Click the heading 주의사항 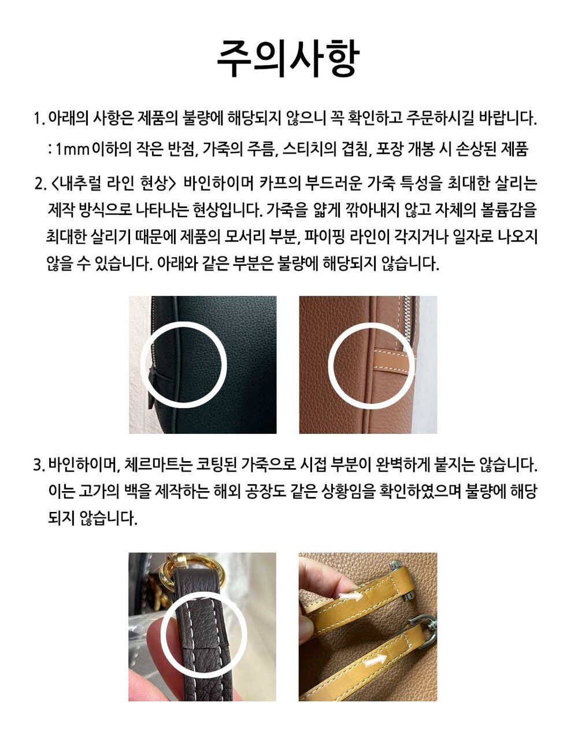coord(288,58)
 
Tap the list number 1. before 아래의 coord(39,118)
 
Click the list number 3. coord(39,465)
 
